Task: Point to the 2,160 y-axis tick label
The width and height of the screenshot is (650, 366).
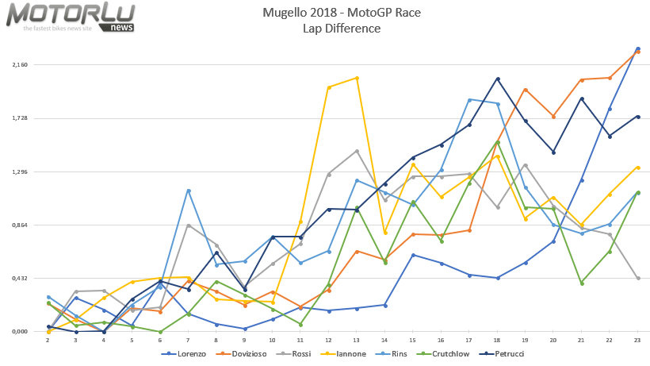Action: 19,64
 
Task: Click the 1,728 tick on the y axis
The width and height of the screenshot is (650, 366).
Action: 19,118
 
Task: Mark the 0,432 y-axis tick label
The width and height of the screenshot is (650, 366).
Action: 19,278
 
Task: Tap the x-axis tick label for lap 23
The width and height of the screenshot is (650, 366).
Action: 637,340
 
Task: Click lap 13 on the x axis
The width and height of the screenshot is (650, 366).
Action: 357,340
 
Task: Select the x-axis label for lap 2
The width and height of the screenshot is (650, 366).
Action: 48,340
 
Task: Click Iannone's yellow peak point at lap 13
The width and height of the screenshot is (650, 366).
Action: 357,78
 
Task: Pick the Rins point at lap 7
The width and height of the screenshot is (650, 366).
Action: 189,191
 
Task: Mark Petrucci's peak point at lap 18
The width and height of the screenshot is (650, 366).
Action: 498,79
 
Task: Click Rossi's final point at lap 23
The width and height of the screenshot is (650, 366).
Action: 638,278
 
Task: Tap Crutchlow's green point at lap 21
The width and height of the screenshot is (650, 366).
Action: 582,283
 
